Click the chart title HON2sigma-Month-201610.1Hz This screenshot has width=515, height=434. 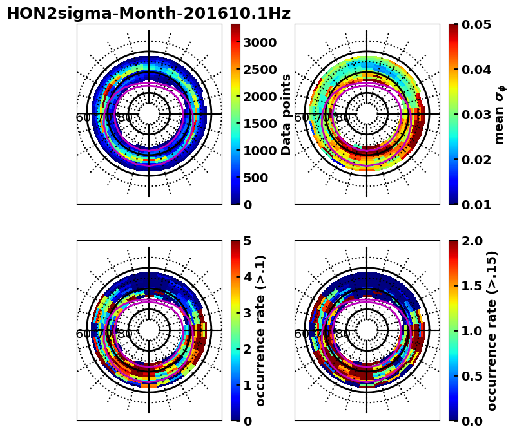tap(148, 14)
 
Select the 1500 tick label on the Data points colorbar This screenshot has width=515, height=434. tap(260, 124)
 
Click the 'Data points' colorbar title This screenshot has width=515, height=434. tap(287, 114)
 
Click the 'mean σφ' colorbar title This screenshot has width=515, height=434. tap(500, 114)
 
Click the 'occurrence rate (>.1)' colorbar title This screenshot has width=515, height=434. tap(261, 330)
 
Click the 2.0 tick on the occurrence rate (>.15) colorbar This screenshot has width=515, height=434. tap(473, 241)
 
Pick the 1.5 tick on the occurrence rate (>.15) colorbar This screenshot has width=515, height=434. tap(473, 286)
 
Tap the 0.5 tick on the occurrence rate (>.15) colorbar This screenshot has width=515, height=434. tap(473, 375)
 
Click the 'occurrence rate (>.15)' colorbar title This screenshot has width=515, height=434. tap(491, 330)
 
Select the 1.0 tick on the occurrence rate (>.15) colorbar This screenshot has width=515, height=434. tap(473, 330)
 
